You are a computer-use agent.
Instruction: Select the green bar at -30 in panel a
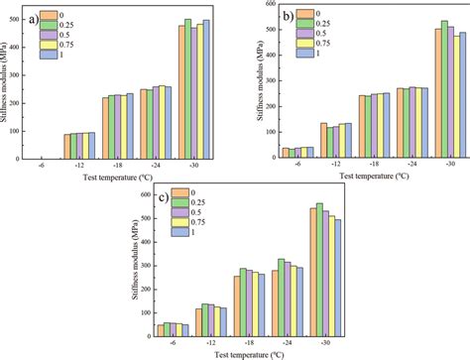(188, 89)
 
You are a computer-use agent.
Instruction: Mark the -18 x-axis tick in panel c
(257, 344)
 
